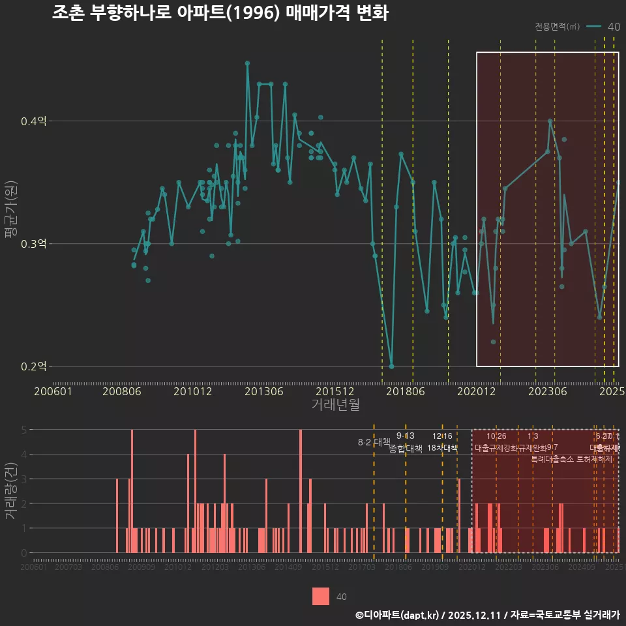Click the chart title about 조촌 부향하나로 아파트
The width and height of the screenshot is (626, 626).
click(220, 13)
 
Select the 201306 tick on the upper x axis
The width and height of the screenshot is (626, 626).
click(263, 391)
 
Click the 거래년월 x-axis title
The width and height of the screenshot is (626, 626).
click(335, 405)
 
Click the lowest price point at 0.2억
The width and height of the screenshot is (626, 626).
click(391, 366)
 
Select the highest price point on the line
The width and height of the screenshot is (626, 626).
click(247, 63)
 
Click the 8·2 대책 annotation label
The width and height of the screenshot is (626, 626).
click(374, 442)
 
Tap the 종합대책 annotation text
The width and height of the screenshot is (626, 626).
click(405, 449)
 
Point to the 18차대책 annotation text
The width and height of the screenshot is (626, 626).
click(442, 448)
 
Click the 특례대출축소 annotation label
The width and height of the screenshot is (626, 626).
click(552, 458)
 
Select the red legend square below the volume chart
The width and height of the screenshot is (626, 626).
click(320, 596)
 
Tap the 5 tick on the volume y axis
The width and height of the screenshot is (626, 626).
click(24, 430)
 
